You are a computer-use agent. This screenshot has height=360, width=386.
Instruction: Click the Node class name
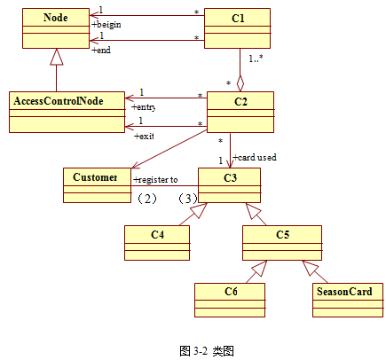pyautogui.click(x=56, y=18)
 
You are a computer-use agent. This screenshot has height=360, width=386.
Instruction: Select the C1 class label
pyautogui.click(x=238, y=19)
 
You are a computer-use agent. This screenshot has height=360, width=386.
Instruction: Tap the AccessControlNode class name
pyautogui.click(x=59, y=101)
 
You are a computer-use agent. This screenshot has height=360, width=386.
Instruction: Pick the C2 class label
pyautogui.click(x=240, y=102)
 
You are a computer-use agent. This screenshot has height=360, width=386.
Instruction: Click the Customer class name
pyautogui.click(x=95, y=177)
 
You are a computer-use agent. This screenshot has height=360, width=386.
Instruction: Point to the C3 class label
pyautogui.click(x=230, y=177)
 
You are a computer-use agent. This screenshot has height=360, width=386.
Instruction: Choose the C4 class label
pyautogui.click(x=157, y=235)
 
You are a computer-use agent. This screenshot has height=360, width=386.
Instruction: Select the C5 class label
pyautogui.click(x=282, y=235)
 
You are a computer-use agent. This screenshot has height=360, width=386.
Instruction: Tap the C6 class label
pyautogui.click(x=231, y=292)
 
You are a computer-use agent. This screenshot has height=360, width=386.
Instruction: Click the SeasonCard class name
pyautogui.click(x=344, y=292)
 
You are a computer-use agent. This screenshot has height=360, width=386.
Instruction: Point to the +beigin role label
pyautogui.click(x=106, y=25)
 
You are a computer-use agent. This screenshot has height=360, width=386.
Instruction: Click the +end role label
pyautogui.click(x=101, y=51)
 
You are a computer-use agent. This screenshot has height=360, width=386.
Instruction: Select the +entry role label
pyautogui.click(x=144, y=107)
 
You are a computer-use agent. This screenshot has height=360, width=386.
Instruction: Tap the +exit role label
pyautogui.click(x=144, y=137)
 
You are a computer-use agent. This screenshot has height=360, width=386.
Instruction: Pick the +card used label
pyautogui.click(x=255, y=158)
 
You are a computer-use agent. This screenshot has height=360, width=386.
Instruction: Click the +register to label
pyautogui.click(x=155, y=180)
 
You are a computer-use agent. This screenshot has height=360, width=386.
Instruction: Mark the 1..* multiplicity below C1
pyautogui.click(x=256, y=59)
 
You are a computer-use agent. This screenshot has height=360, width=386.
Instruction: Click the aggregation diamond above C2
pyautogui.click(x=240, y=83)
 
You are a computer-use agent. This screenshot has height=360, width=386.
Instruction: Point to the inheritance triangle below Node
pyautogui.click(x=57, y=57)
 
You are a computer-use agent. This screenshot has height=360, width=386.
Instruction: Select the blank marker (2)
pyautogui.click(x=147, y=199)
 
